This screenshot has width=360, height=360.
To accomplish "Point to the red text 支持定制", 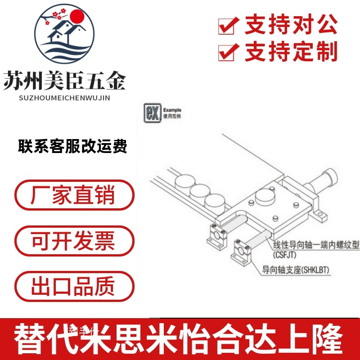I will click(x=291, y=52).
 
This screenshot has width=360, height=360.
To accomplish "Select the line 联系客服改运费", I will click(x=72, y=147).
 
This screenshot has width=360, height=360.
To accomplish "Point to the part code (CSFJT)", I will click(x=285, y=254).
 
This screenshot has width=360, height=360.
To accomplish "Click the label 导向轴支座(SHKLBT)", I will click(x=296, y=270).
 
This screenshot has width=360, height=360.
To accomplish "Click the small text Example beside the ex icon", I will click(x=172, y=110).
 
